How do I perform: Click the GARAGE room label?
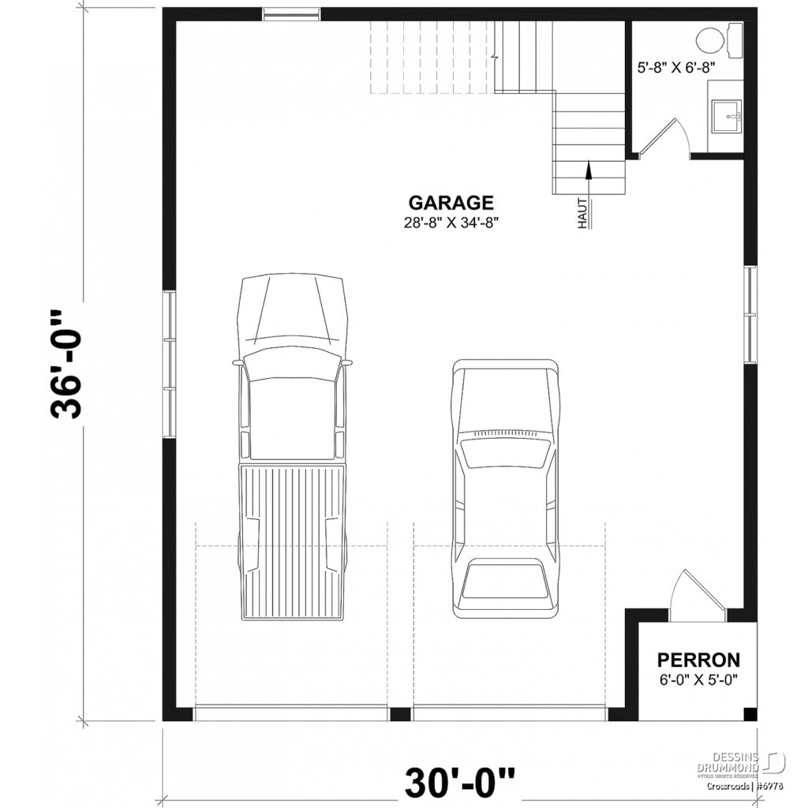451,203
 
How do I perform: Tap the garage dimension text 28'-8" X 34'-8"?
451,223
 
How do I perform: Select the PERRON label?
699,660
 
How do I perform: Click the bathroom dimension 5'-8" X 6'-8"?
676,68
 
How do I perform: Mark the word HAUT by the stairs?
583,213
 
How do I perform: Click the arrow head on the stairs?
588,166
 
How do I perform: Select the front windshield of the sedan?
504,453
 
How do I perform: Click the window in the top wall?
292,13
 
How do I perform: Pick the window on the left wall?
169,364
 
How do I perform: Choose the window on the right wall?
750,314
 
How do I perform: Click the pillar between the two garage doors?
401,714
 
